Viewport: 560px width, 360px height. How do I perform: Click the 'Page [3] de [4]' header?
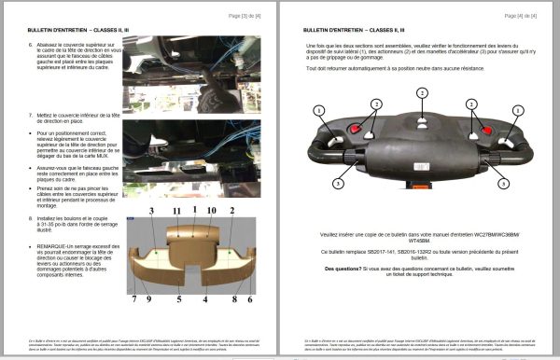(244, 17)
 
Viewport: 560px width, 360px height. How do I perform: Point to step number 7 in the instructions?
(33, 115)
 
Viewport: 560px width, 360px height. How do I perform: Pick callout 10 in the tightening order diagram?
(216, 213)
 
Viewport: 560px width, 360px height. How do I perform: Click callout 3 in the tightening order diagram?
(148, 213)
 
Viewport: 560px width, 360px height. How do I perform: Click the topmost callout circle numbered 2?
(422, 92)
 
